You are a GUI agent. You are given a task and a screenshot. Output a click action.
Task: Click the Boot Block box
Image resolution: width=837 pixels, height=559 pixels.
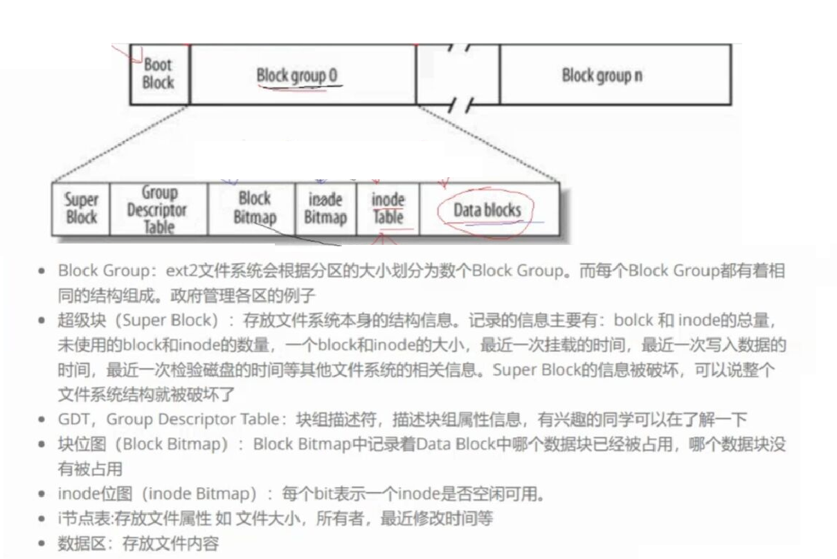pos(159,74)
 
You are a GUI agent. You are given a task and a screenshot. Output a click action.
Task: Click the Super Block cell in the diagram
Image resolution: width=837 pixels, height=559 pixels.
pos(81,208)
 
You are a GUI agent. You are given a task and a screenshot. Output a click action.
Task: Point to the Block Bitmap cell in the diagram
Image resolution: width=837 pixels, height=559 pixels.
pos(254,208)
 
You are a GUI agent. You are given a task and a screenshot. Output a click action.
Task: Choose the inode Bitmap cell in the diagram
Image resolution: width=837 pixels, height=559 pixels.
pos(325,208)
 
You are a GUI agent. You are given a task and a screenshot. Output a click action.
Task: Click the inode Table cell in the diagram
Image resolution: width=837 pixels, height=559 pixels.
pos(388,208)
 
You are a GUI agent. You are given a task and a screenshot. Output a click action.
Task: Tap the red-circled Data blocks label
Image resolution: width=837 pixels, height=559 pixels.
pos(487,210)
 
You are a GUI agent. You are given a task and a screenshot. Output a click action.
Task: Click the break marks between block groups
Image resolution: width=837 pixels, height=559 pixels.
pos(458,75)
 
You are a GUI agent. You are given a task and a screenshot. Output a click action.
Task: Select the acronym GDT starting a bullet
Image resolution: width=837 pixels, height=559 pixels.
pos(72,419)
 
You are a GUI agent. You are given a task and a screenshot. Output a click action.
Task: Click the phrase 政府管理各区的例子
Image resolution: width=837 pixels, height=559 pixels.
pos(250,295)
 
